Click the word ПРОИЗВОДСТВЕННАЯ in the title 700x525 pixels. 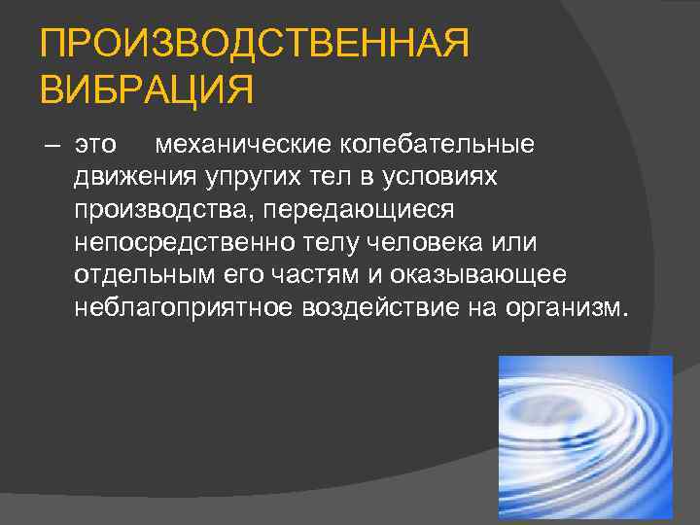pos(255,45)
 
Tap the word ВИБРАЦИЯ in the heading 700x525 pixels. pos(147,92)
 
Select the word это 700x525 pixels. pos(95,146)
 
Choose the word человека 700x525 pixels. pos(421,242)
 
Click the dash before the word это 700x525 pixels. pos(52,146)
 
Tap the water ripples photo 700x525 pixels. pos(585,438)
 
